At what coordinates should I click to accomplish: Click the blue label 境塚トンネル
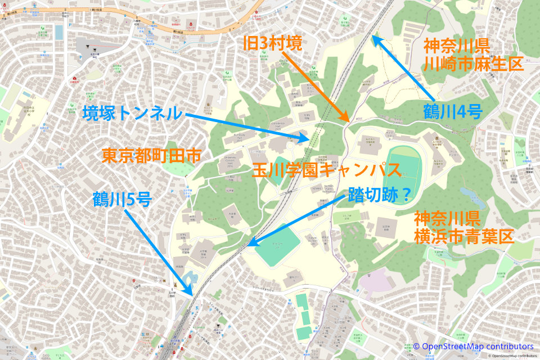tap(132, 113)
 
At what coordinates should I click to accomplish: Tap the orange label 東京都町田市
tap(151, 156)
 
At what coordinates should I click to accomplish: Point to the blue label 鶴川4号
tap(453, 112)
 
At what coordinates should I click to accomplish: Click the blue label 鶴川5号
tap(122, 199)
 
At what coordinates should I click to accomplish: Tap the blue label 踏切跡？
tap(379, 195)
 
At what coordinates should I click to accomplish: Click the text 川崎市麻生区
tap(474, 64)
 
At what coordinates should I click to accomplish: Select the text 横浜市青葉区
tap(464, 236)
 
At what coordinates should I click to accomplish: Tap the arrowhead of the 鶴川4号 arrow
tap(373, 39)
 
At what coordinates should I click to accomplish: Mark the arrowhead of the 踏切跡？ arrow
tap(250, 245)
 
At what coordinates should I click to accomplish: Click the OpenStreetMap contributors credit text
tap(473, 346)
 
